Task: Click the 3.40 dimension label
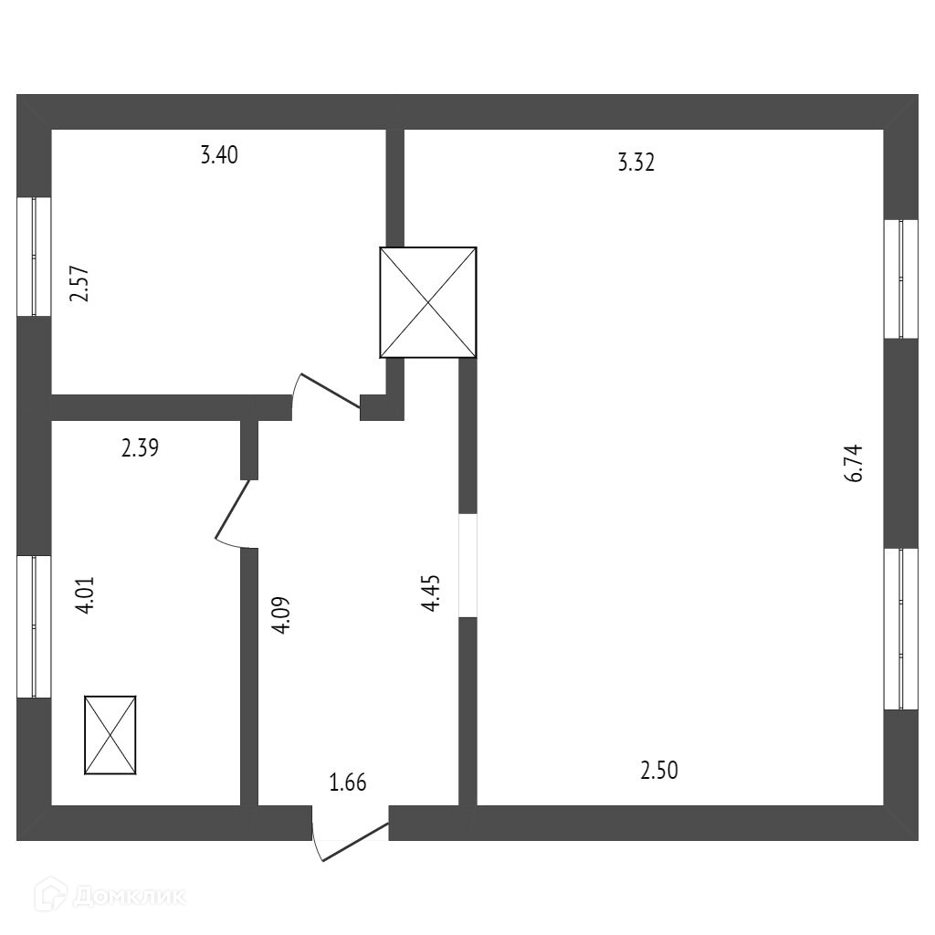[x=219, y=155]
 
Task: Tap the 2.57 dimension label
[x=80, y=283]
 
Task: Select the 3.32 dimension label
[x=636, y=163]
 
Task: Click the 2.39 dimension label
[x=141, y=448]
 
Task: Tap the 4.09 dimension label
[x=281, y=615]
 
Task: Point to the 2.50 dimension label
[x=659, y=771]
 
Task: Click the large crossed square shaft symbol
[x=428, y=302]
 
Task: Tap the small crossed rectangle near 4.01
[x=110, y=735]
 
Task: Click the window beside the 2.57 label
[x=34, y=257]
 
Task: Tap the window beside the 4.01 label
[x=34, y=627]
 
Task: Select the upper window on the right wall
[x=900, y=278]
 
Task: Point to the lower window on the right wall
[x=900, y=629]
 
